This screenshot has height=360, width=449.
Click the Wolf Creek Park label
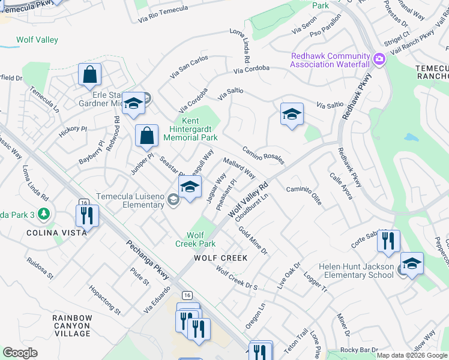[195, 239]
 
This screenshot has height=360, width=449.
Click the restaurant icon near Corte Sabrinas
[388, 241]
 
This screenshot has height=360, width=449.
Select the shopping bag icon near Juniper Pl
[146, 136]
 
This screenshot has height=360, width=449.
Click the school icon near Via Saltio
[292, 114]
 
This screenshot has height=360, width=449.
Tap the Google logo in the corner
[20, 353]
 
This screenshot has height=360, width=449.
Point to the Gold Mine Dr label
[253, 239]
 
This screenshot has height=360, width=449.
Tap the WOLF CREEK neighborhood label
[220, 258]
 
